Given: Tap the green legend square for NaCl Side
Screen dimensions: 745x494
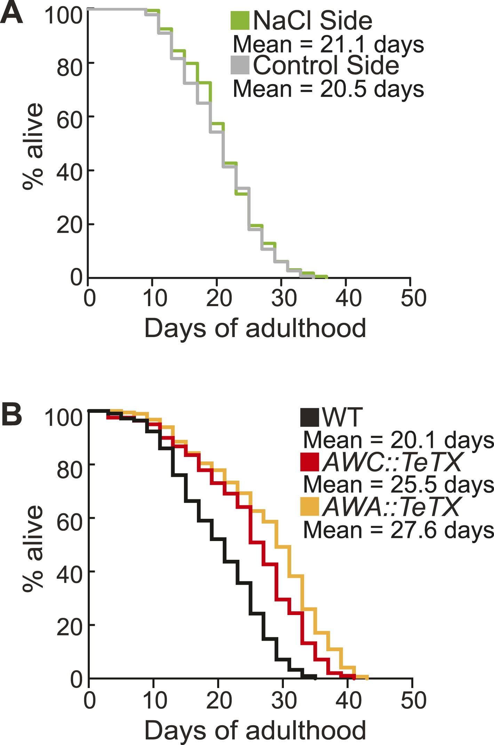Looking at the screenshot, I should click(x=240, y=21).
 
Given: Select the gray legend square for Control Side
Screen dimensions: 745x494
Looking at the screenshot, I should click(x=240, y=65).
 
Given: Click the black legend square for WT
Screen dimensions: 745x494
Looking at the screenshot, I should click(x=310, y=417).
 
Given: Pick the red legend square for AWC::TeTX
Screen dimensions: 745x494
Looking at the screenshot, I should click(x=310, y=462).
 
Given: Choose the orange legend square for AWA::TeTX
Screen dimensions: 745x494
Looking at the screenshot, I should click(x=310, y=507).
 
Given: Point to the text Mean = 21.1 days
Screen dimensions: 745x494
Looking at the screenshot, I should click(x=328, y=44).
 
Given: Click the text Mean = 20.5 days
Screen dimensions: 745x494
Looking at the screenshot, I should click(x=328, y=89).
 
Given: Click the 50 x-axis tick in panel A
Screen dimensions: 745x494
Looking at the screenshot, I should click(x=413, y=298).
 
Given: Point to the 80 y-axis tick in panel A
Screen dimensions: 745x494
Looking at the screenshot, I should click(x=70, y=68).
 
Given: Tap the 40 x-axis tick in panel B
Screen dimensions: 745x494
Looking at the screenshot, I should click(x=349, y=701).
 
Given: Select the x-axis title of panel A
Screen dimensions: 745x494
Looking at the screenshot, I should click(x=255, y=329).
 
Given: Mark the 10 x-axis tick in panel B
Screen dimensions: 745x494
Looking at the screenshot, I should click(x=155, y=701).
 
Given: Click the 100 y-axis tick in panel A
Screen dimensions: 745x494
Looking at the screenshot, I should click(x=63, y=16).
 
